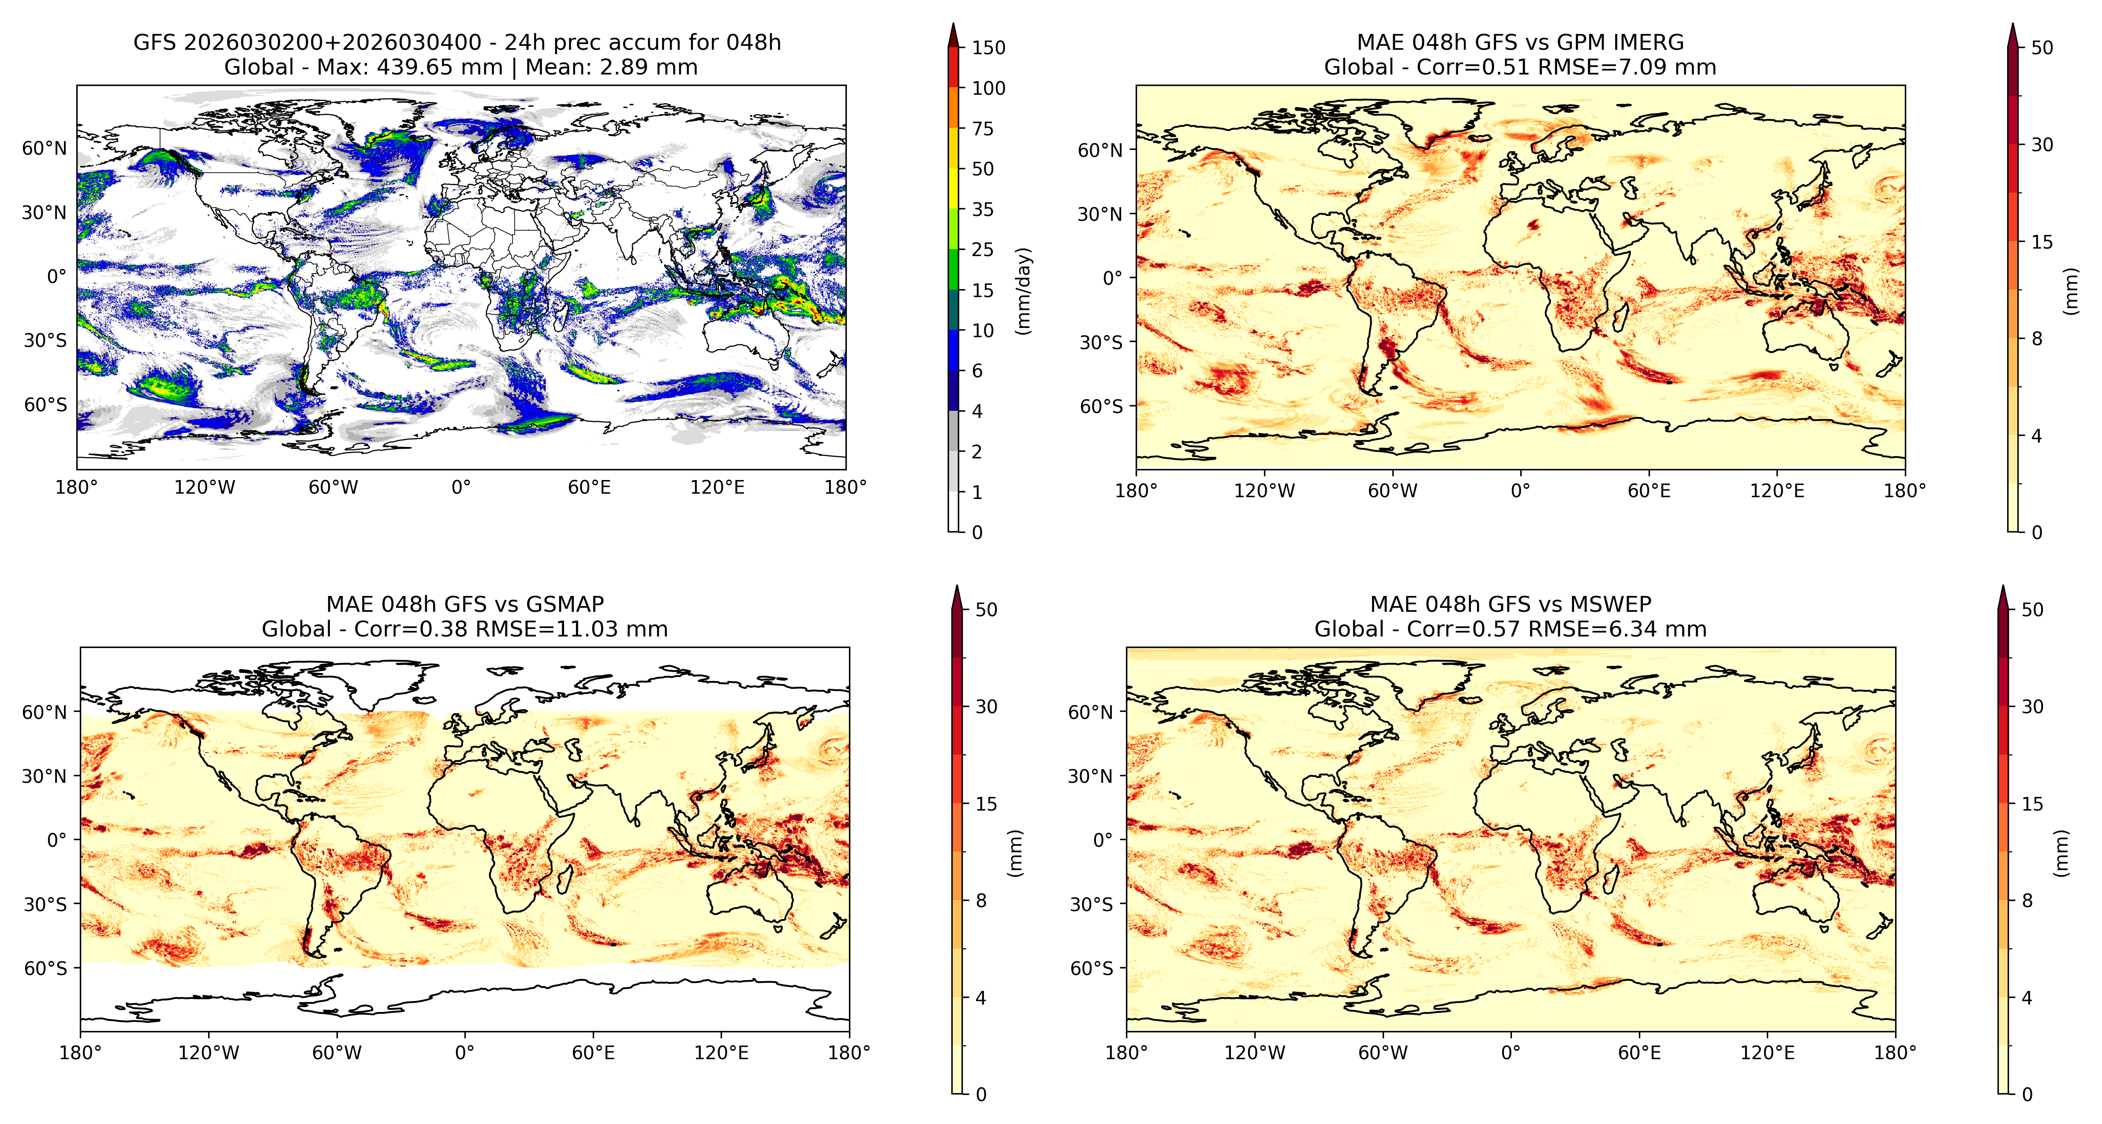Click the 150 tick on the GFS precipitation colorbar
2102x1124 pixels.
[x=988, y=47]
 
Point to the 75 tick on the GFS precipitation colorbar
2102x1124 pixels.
[x=983, y=128]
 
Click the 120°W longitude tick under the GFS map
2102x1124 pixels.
[x=205, y=488]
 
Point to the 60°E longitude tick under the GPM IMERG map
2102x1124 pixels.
[x=1649, y=491]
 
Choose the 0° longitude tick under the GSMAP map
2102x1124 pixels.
[x=464, y=1052]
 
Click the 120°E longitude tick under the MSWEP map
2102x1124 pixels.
[x=1767, y=1052]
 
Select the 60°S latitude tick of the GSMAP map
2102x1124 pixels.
[x=46, y=968]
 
